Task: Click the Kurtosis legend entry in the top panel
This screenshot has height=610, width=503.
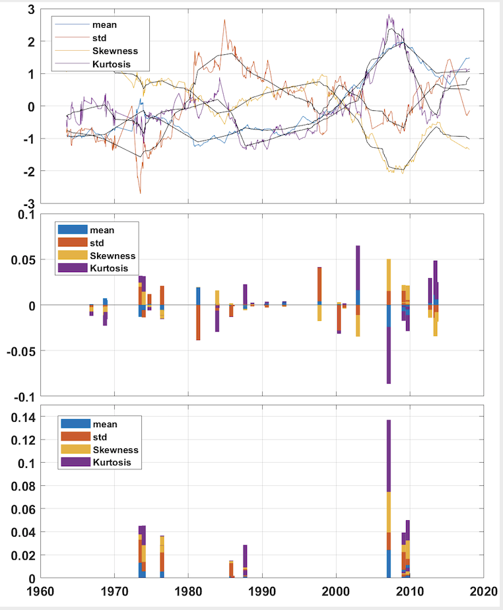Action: pyautogui.click(x=112, y=64)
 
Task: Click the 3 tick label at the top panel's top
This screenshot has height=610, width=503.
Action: pyautogui.click(x=30, y=11)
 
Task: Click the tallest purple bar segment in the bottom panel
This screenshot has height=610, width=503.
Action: pyautogui.click(x=389, y=456)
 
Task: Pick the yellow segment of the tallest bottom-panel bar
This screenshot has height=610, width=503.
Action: pyautogui.click(x=389, y=512)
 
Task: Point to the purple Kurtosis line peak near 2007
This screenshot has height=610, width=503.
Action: pyautogui.click(x=389, y=15)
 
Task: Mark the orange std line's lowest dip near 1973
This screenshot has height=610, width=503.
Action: pyautogui.click(x=140, y=192)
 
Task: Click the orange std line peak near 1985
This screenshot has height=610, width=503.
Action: pyautogui.click(x=224, y=20)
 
